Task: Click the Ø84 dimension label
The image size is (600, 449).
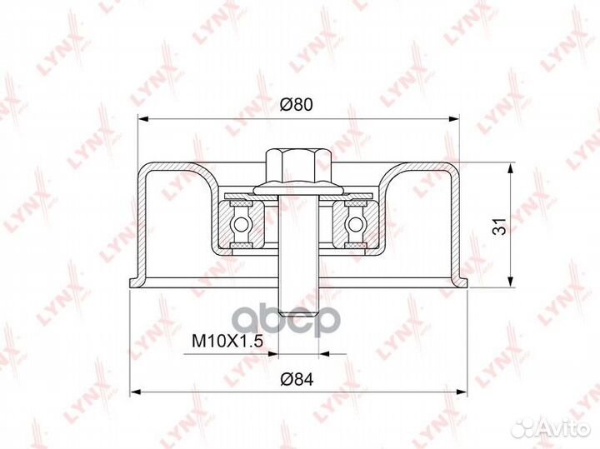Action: (x=297, y=381)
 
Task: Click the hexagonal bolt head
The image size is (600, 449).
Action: (x=298, y=166)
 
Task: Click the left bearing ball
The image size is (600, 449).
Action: (x=242, y=224)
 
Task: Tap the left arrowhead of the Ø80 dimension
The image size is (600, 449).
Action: (x=140, y=119)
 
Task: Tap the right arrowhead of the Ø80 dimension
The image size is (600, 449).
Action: (x=457, y=119)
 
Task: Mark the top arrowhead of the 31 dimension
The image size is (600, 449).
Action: (x=510, y=166)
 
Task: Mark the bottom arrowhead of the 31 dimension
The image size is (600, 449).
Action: (x=510, y=283)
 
